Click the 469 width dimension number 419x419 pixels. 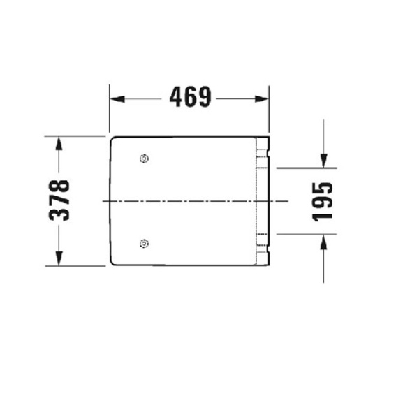190,98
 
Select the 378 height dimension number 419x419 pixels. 59,200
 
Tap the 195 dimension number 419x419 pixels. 323,201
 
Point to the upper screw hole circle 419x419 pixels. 144,159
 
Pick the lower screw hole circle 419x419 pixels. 144,243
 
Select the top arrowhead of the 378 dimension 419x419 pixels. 59,142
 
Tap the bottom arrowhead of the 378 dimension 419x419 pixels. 59,260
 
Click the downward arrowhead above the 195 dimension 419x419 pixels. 323,161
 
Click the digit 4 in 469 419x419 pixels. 177,98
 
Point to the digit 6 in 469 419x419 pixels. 190,98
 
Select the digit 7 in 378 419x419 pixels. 59,200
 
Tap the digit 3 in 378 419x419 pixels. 59,214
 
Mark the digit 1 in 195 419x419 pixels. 323,215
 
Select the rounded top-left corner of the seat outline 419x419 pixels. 112,140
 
